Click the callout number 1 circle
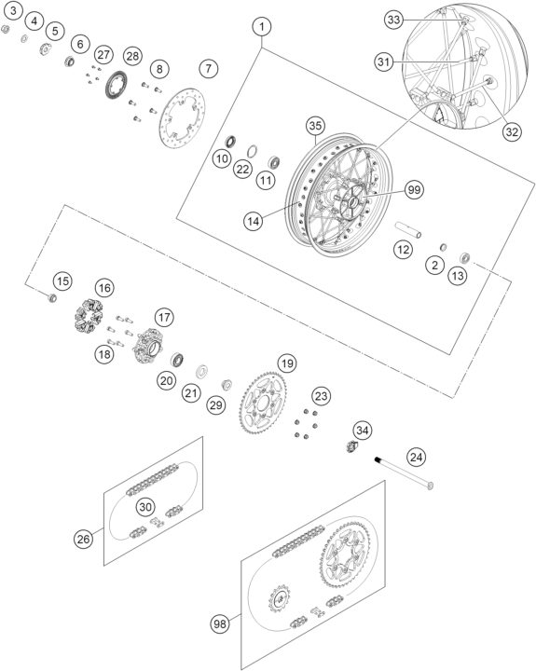coord(262,26)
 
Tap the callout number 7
coord(209,68)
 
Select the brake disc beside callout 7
coord(182,117)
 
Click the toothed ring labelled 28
coord(116,84)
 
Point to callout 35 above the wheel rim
coord(315,126)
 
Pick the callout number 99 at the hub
coord(414,189)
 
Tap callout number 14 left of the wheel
coord(253,221)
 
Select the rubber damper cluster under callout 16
coord(89,316)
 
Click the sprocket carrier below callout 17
coord(148,345)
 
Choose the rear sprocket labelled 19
coord(263,404)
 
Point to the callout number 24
coord(416,457)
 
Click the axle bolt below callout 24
coord(405,472)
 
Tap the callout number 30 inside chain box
coord(145,507)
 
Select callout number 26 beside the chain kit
coord(83,539)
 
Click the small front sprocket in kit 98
coord(280,598)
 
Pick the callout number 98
coord(220,623)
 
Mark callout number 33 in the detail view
coord(393,20)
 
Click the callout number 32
coord(512,131)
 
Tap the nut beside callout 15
coord(52,297)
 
